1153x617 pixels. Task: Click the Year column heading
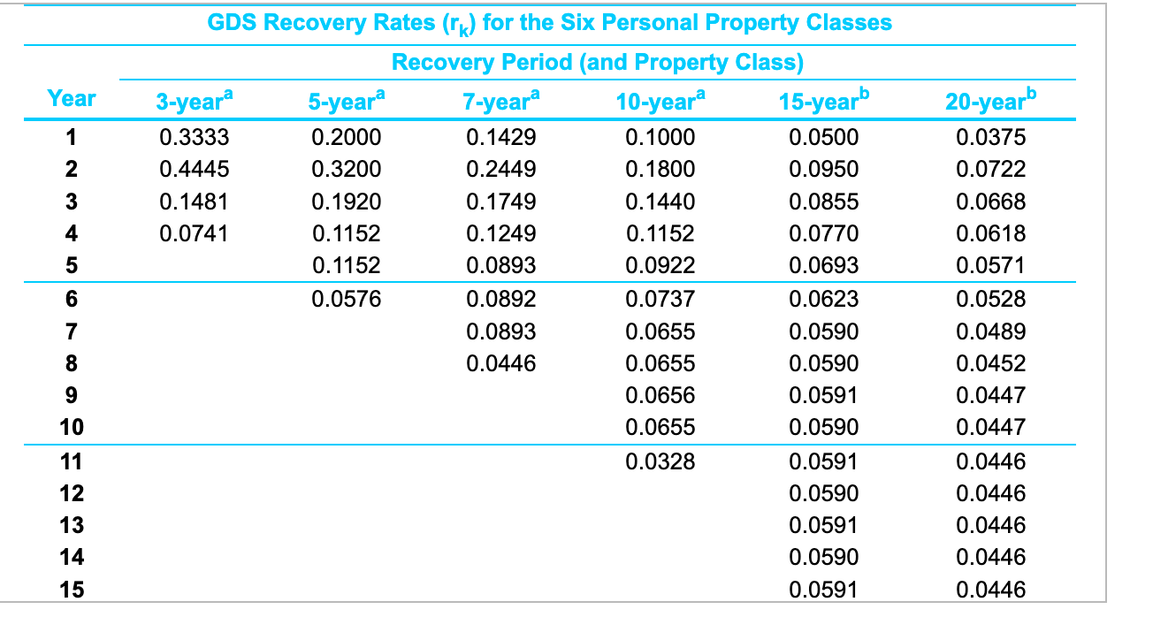tap(72, 98)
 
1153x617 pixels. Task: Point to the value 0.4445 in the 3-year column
tap(194, 169)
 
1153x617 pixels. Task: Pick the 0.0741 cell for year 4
tap(194, 233)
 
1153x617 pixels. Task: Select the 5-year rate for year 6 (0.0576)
tap(347, 299)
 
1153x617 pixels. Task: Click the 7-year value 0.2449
tap(500, 169)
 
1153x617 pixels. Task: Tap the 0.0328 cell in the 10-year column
tap(660, 461)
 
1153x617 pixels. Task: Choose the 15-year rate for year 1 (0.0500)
tap(822, 137)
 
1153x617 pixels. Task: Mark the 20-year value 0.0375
tap(990, 137)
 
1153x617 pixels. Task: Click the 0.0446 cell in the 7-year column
tap(500, 363)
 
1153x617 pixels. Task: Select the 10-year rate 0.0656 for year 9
tap(660, 395)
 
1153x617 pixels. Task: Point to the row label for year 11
tap(72, 461)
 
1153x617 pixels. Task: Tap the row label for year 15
tap(72, 590)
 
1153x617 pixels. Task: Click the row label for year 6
tap(72, 299)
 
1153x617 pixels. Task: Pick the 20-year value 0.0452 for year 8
tap(990, 363)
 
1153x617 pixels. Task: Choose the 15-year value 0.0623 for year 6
tap(822, 299)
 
